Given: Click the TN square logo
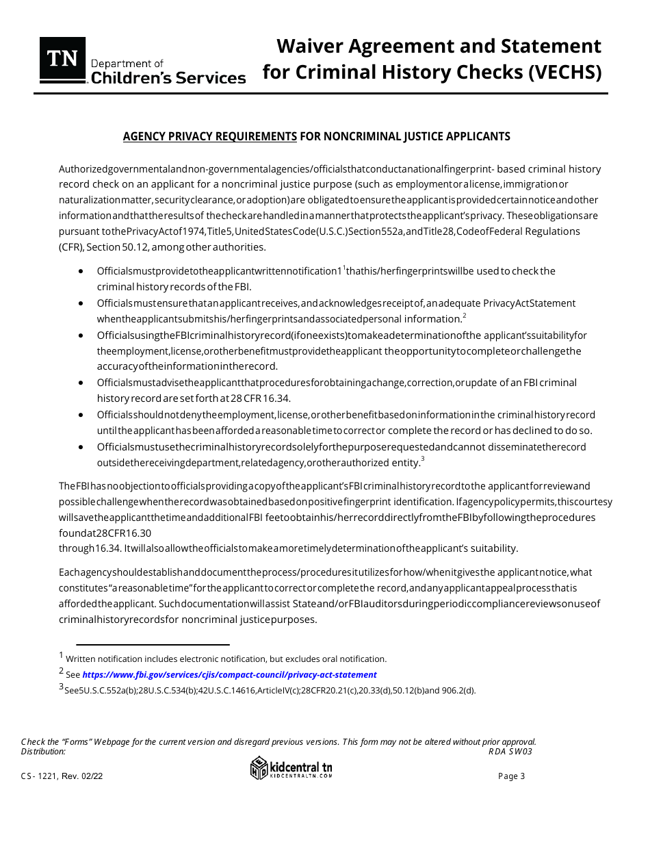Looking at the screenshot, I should pyautogui.click(x=62, y=60).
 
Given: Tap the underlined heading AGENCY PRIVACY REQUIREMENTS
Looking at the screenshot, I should pyautogui.click(x=209, y=136).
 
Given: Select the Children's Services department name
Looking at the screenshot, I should pyautogui.click(x=168, y=78).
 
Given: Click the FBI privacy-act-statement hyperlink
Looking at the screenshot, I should pyautogui.click(x=229, y=674).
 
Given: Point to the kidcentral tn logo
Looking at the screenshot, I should pyautogui.click(x=291, y=768).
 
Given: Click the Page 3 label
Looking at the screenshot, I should pyautogui.click(x=512, y=776).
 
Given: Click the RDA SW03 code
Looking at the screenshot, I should pyautogui.click(x=510, y=751).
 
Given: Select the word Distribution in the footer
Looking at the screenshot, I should pyautogui.click(x=43, y=751).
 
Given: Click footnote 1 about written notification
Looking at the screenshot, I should pyautogui.click(x=226, y=659).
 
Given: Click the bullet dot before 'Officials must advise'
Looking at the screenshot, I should pyautogui.click(x=81, y=383).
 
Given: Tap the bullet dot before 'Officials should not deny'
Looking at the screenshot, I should pyautogui.click(x=81, y=415).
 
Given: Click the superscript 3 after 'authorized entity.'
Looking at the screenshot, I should pyautogui.click(x=424, y=459).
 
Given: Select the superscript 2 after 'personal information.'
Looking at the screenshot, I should pyautogui.click(x=464, y=316).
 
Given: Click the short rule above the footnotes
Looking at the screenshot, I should pyautogui.click(x=153, y=644).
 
